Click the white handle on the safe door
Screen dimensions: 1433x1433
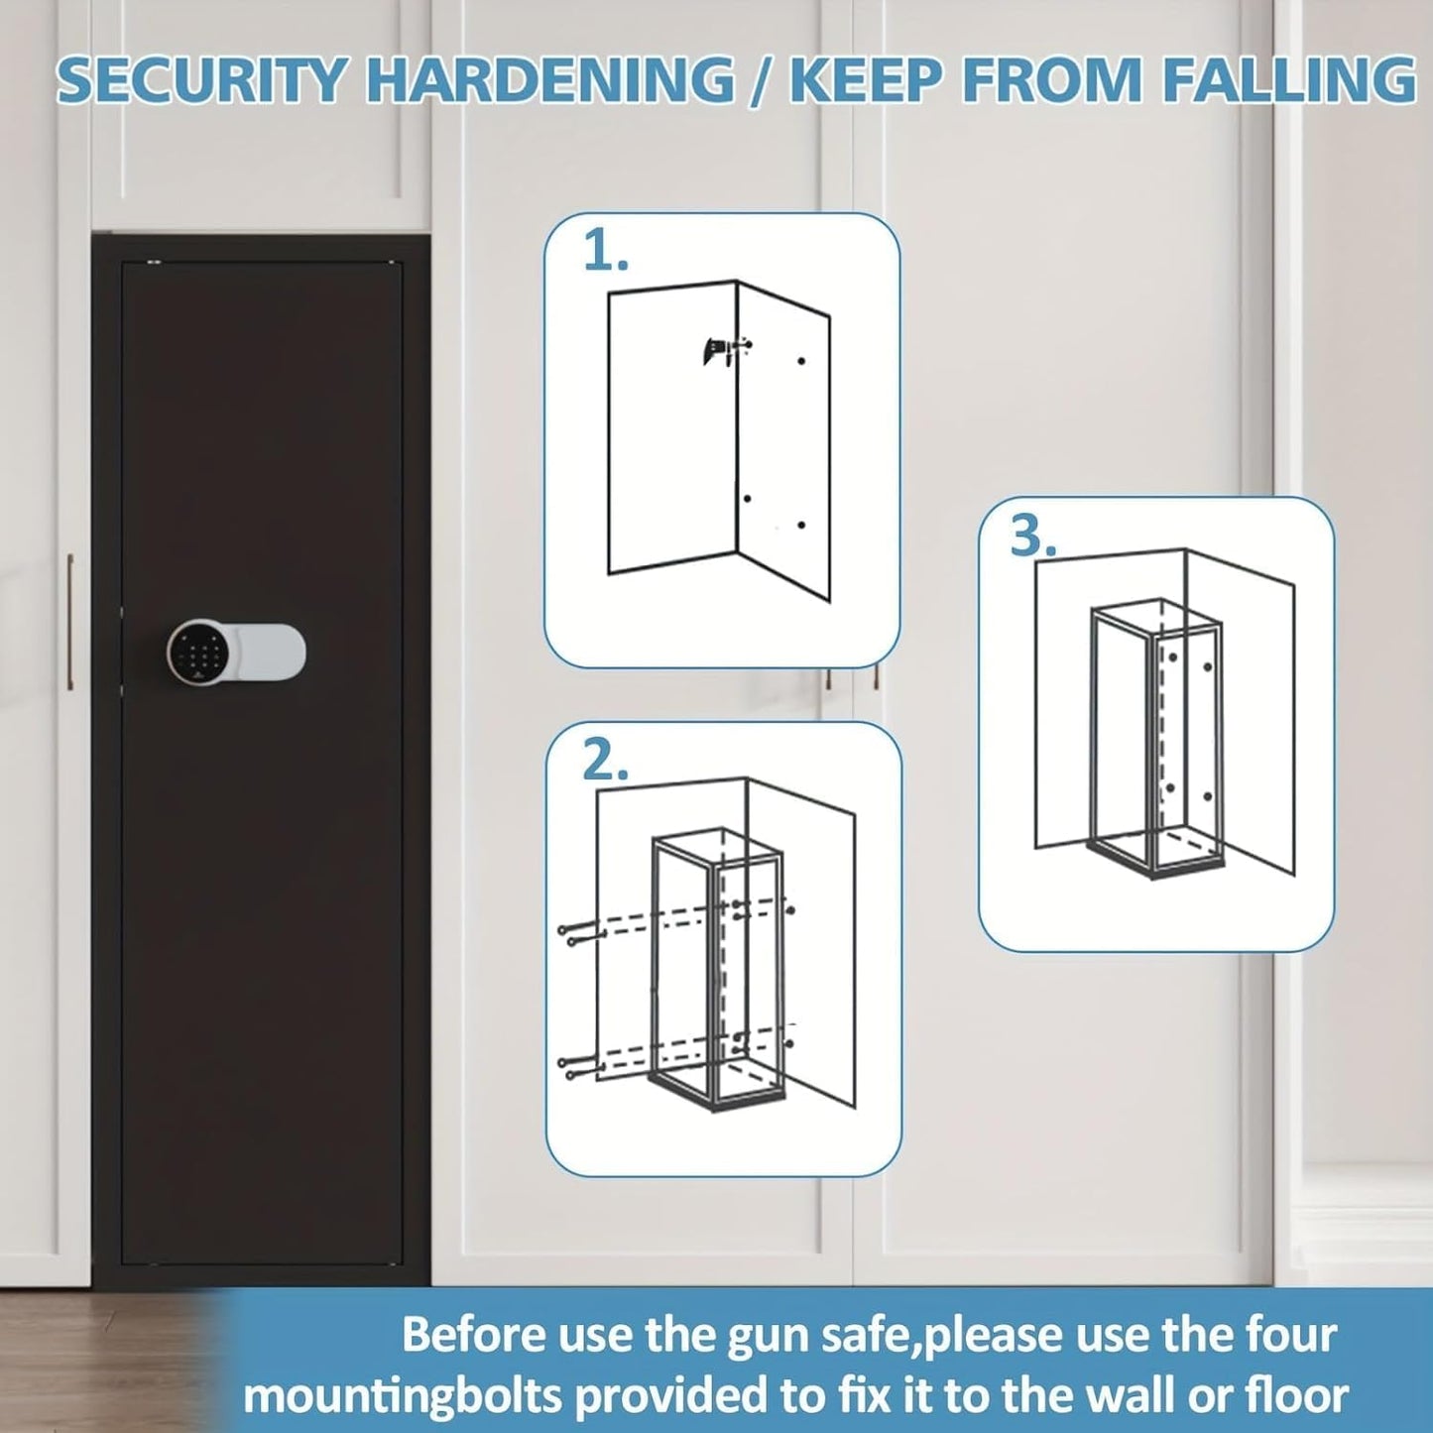tap(263, 650)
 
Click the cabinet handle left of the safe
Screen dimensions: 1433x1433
tap(69, 621)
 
